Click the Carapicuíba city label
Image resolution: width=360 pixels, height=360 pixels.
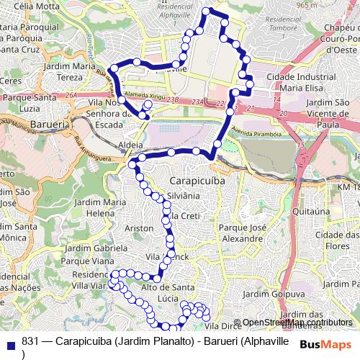[x=197, y=181]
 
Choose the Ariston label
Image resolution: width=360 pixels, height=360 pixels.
[x=139, y=228]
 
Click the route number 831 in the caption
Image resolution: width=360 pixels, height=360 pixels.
[x=30, y=342]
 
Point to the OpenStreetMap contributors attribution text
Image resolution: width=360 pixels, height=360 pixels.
[x=297, y=323]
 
